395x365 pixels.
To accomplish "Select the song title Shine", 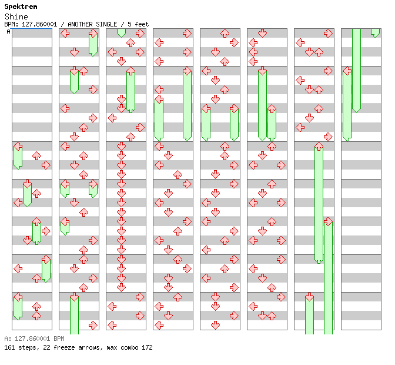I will point(16,16).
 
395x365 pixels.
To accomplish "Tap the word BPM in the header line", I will point(10,24).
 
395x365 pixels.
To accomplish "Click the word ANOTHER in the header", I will point(82,24).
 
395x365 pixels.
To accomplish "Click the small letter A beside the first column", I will point(9,31).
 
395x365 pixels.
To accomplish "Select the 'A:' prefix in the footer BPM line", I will point(7,339).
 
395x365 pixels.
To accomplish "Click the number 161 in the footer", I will point(9,348).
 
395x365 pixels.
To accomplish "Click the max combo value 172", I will point(147,348).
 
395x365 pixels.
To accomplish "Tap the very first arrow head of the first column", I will point(18,147).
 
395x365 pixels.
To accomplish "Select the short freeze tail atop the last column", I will point(375,33).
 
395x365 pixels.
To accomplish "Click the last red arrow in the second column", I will point(93,325).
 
